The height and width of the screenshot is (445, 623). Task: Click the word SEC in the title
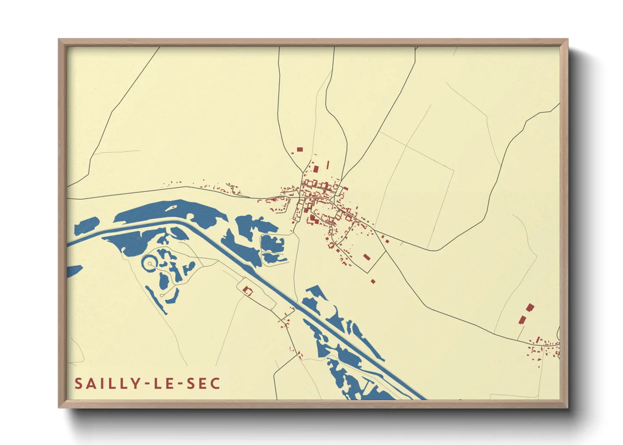click(x=203, y=384)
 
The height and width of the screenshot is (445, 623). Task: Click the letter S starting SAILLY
click(x=79, y=384)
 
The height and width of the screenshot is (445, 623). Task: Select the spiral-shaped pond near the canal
click(x=150, y=264)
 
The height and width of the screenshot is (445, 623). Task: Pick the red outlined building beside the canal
click(x=247, y=290)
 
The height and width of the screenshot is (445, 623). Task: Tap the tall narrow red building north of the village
click(x=328, y=164)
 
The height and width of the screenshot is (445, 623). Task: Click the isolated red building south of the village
click(x=373, y=281)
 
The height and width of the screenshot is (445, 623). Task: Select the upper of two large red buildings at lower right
click(x=530, y=307)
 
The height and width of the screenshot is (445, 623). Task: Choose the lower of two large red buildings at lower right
click(x=522, y=320)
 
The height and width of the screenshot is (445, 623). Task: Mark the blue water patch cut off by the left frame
click(x=73, y=271)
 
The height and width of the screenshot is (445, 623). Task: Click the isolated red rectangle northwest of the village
click(x=300, y=149)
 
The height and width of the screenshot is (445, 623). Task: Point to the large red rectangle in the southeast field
click(x=366, y=257)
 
